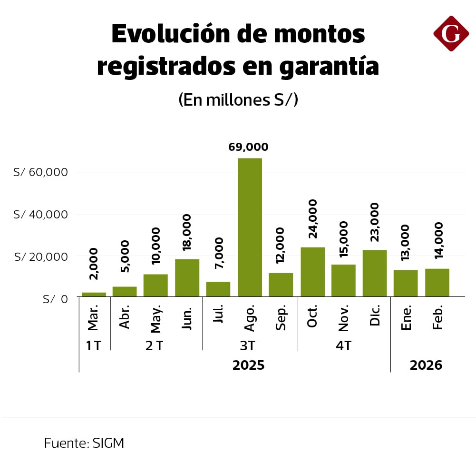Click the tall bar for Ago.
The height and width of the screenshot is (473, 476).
click(250, 227)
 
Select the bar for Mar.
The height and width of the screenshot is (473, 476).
click(94, 295)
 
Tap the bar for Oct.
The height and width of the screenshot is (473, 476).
click(312, 272)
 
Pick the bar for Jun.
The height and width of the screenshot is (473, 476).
click(187, 278)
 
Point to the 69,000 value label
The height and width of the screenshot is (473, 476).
click(248, 148)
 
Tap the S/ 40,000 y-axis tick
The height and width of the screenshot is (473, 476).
click(41, 215)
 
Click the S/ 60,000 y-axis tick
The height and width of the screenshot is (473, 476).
click(41, 172)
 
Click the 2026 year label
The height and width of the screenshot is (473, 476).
click(426, 365)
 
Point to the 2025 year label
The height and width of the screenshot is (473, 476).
click(248, 365)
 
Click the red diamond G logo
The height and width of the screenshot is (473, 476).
click(451, 33)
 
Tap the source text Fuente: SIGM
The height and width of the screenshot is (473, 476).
click(84, 443)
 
